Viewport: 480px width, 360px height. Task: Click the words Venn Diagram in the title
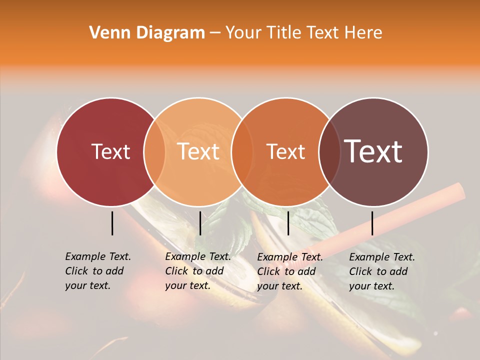[x=147, y=33]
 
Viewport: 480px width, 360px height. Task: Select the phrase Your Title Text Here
[x=303, y=33]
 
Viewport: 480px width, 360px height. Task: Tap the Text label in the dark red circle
[x=110, y=151]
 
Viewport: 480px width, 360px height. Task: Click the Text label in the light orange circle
[x=198, y=151]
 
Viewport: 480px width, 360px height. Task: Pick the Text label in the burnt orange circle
[x=285, y=151]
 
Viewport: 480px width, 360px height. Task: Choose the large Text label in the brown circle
[x=373, y=151]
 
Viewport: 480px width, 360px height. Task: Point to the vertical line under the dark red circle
[x=112, y=223]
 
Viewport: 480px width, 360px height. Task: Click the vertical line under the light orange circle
[x=200, y=223]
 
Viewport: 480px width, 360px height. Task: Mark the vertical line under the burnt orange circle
[x=288, y=223]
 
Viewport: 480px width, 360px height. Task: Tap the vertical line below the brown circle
[x=372, y=223]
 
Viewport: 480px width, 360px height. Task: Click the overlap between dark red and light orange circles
[x=154, y=151]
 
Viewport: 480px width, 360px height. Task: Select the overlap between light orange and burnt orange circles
[x=242, y=151]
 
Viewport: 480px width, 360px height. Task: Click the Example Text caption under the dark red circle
[x=98, y=271]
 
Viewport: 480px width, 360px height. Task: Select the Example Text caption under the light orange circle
[x=198, y=271]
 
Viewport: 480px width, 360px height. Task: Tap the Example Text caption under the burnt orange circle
[x=290, y=271]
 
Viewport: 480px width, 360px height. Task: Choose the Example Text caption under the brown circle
[x=382, y=271]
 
